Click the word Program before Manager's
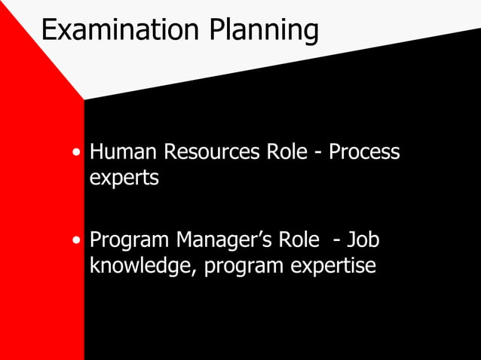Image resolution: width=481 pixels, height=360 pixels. (x=129, y=241)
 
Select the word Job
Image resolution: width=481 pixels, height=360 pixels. (x=363, y=241)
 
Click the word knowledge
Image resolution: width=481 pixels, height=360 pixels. (x=143, y=267)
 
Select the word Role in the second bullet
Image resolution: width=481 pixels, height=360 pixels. (x=299, y=241)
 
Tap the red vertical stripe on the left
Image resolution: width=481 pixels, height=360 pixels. (x=41, y=226)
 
